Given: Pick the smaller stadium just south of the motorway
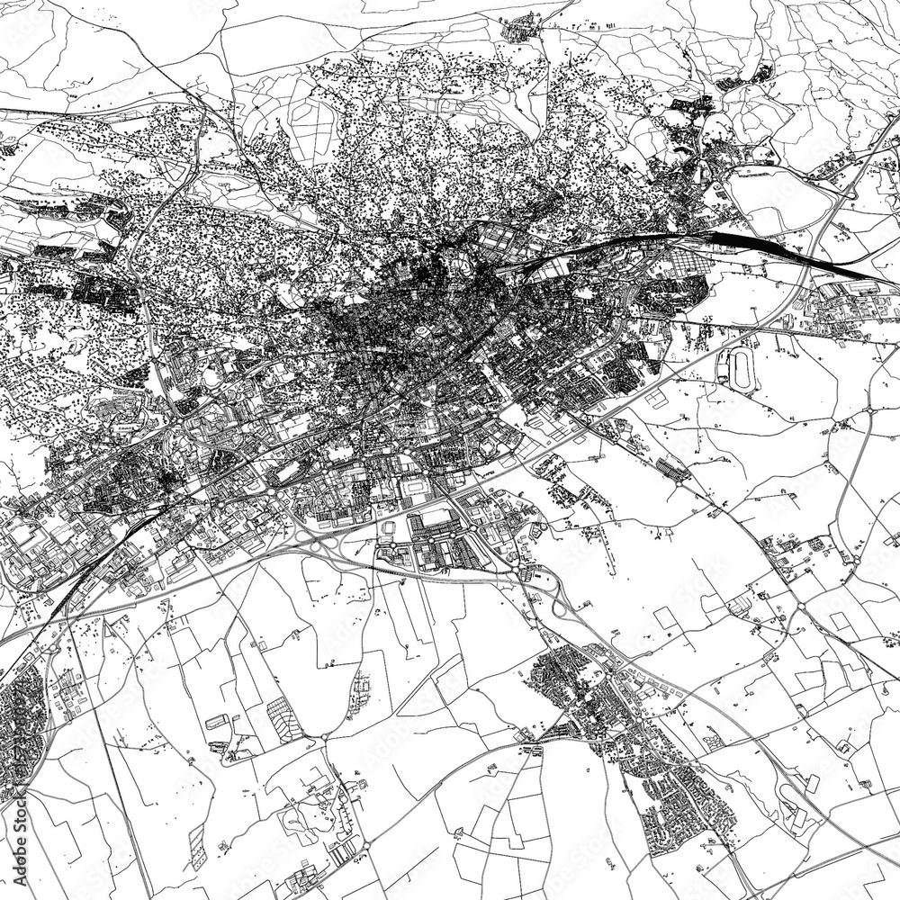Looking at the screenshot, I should [389, 529].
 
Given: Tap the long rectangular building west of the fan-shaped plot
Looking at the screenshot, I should [217, 721].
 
